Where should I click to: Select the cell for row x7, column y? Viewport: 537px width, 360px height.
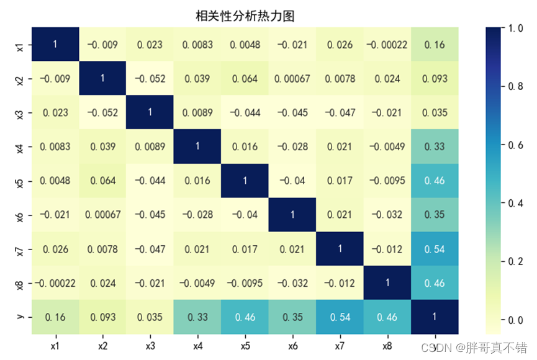coord(435,249)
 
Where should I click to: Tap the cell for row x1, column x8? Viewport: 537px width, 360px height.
coord(387,45)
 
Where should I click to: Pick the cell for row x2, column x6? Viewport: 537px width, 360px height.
coord(292,79)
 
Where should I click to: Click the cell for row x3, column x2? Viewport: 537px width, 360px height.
coord(102,113)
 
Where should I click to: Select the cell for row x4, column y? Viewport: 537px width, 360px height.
coord(435,147)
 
